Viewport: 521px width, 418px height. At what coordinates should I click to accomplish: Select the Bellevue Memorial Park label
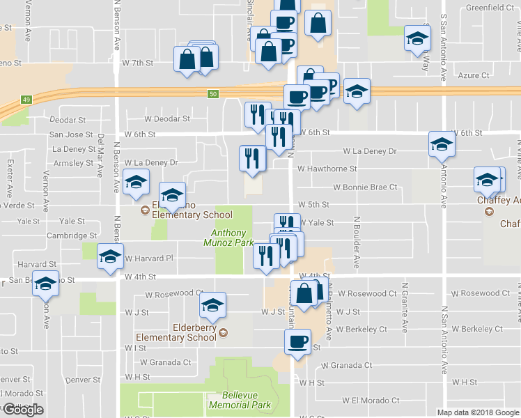(x=240, y=399)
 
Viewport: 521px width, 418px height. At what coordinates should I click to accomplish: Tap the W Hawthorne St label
(x=327, y=169)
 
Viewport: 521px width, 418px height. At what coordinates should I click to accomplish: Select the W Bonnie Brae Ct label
(x=364, y=187)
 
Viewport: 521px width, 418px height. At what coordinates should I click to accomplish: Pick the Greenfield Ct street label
(x=489, y=8)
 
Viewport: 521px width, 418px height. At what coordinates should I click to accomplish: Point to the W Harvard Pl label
(x=148, y=258)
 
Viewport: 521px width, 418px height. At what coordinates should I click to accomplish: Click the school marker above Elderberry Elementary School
(x=213, y=304)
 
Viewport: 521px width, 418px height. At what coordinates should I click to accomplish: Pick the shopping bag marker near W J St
(x=304, y=293)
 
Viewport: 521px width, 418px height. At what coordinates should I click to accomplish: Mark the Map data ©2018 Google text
(x=477, y=412)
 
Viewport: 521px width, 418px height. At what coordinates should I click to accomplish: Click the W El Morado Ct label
(x=371, y=401)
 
